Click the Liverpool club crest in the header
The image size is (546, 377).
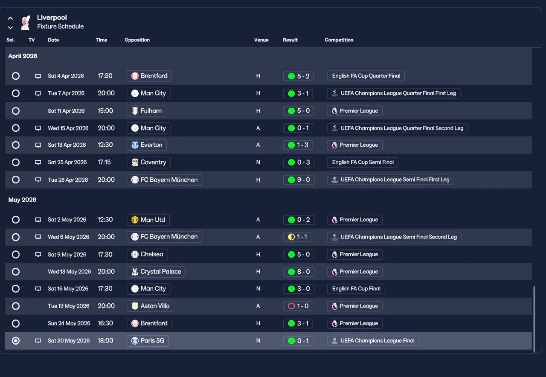tap(25, 23)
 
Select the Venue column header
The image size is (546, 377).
tap(261, 40)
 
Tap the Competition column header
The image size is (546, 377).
tap(339, 40)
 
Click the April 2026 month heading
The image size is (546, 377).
tap(23, 56)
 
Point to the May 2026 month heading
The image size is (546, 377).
tap(22, 200)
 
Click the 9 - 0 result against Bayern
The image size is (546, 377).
tap(299, 180)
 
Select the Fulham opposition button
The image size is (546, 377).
tap(146, 111)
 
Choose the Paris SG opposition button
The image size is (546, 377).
tap(148, 341)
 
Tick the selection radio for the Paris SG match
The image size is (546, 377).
tap(16, 341)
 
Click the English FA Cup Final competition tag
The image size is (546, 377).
tap(356, 289)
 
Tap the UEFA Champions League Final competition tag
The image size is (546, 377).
tap(373, 341)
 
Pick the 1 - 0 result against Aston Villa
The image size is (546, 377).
tap(298, 306)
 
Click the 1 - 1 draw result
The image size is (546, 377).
tap(297, 237)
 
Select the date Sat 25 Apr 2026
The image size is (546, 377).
tap(67, 162)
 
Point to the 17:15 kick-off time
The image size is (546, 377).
tap(104, 162)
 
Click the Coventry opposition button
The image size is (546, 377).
tap(149, 162)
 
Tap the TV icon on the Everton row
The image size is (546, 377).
tap(38, 145)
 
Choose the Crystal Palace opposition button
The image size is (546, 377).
tap(156, 272)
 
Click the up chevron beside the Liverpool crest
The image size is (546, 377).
tap(10, 18)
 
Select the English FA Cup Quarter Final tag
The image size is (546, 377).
tap(366, 76)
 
